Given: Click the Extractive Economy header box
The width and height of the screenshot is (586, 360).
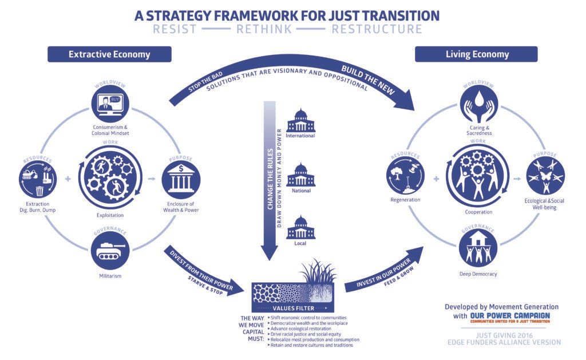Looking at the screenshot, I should [x=109, y=54].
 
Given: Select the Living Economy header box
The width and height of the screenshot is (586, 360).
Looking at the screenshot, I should [x=477, y=54].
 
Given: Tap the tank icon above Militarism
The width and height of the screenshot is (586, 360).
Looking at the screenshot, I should [x=109, y=250].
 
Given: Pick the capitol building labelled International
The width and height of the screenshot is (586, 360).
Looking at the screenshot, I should [x=300, y=121].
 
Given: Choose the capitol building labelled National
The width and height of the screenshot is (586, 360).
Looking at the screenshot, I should [x=300, y=174].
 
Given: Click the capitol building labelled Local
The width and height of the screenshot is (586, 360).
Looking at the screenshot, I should [x=300, y=227].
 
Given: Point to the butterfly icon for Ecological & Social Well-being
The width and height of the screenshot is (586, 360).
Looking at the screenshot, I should [x=545, y=176].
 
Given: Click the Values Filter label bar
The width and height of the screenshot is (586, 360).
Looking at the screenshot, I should [x=292, y=308].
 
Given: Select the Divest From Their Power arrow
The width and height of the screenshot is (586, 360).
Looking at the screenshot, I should [x=200, y=271].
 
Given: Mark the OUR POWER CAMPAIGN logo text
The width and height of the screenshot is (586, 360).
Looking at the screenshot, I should [x=510, y=315].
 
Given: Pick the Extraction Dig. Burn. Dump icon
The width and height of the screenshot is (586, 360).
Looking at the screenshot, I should [x=36, y=179].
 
